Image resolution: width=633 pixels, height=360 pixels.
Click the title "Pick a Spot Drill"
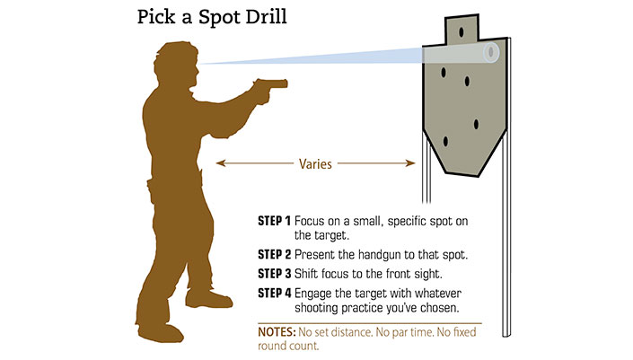point(212,18)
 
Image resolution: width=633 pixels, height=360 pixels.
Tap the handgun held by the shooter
point(270,86)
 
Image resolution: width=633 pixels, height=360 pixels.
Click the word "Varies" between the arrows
point(315,164)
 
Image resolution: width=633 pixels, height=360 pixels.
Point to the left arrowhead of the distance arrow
point(221,163)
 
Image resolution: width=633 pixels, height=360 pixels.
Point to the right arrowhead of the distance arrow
point(410,163)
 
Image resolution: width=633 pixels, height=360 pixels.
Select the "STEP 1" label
point(274,221)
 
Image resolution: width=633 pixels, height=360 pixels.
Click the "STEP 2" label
point(274,255)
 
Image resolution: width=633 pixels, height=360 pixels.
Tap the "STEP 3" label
point(274,274)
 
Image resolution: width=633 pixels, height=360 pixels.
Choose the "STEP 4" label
point(274,293)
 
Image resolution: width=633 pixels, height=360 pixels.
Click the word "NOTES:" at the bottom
point(277,332)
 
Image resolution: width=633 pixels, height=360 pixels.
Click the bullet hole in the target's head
point(461,32)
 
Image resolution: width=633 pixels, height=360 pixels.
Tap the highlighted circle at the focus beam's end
point(491,52)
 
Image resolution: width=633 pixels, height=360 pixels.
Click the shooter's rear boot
point(160,332)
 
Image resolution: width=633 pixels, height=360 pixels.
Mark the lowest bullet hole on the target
point(445,142)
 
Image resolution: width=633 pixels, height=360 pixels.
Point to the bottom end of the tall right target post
point(506,336)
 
